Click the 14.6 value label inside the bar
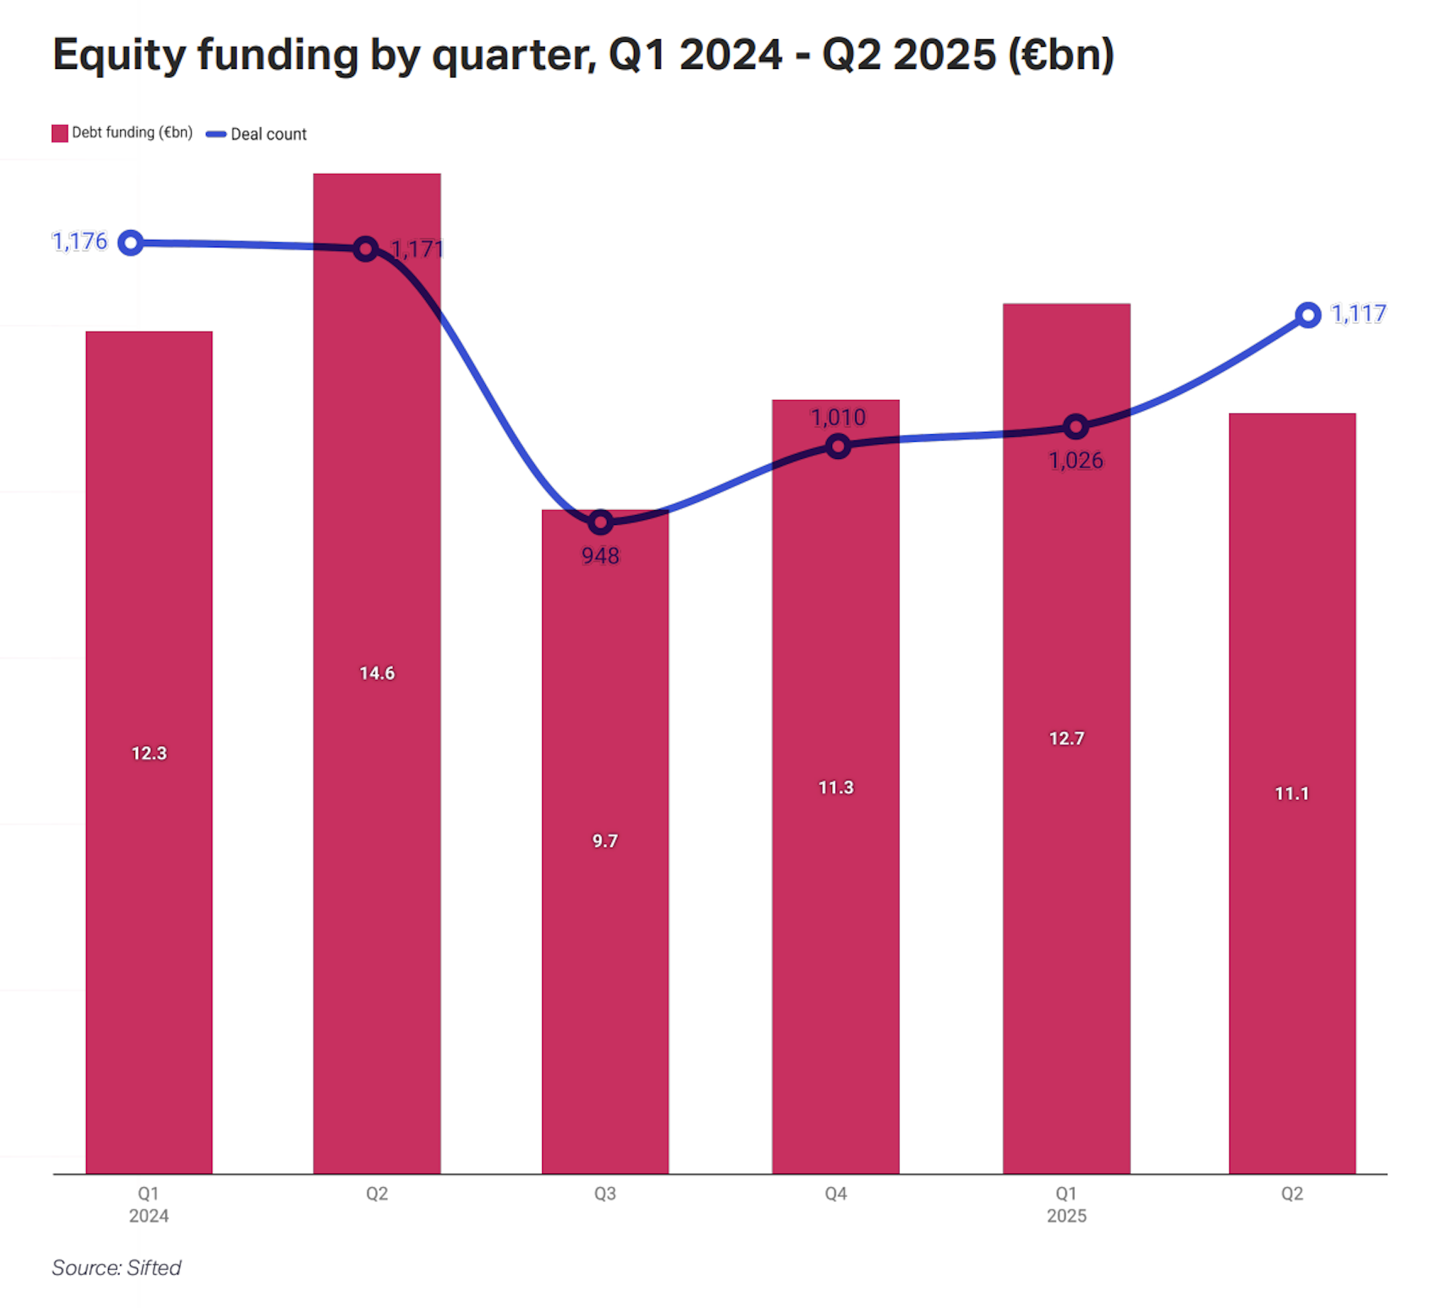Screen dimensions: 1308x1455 377,674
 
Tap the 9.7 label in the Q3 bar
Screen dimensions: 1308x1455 605,841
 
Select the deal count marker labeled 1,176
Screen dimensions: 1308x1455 131,243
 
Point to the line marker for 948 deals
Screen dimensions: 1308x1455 600,522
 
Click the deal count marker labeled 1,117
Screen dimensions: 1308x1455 1308,315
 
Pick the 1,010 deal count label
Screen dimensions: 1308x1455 838,418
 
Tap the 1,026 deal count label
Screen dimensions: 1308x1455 1075,460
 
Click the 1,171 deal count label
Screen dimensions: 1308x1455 417,249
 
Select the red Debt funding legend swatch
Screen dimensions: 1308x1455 60,133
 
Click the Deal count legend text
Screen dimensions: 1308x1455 268,134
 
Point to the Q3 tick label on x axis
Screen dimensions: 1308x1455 605,1194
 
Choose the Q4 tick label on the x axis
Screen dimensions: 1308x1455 835,1194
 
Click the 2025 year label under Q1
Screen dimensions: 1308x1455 1066,1216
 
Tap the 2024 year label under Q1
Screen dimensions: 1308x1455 148,1216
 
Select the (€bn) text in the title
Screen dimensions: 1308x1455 1061,55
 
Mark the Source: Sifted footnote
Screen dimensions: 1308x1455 117,1267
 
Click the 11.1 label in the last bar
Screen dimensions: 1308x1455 1291,794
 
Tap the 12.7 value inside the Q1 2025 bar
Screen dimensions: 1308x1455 1066,738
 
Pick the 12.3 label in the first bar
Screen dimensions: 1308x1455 148,753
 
